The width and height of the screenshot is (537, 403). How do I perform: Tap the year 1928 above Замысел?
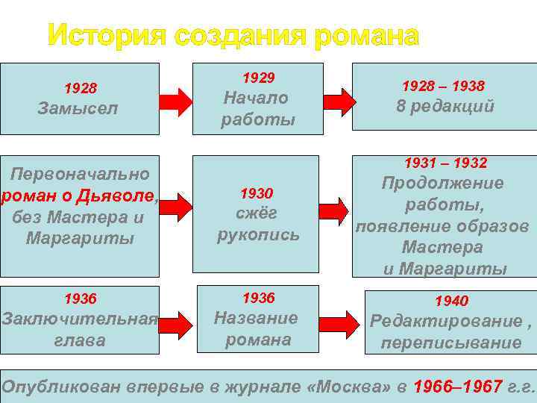coord(80,89)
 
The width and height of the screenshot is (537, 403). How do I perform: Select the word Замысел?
coord(78,109)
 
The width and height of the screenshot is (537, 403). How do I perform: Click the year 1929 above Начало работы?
coord(258,78)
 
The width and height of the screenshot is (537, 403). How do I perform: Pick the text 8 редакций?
coord(445,106)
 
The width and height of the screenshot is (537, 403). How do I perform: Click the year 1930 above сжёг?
coord(257,194)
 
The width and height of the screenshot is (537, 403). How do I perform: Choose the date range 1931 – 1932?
coord(445,163)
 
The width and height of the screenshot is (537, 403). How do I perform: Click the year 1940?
coord(452,302)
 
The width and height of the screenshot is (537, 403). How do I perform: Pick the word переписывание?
coord(451,343)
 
